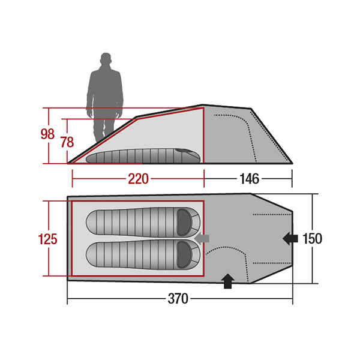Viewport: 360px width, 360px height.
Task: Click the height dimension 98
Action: [47, 134]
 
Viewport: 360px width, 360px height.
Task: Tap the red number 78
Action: [67, 142]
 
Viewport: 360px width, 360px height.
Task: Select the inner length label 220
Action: [138, 179]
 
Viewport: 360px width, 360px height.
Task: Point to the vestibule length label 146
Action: [250, 179]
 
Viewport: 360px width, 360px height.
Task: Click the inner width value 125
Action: [47, 239]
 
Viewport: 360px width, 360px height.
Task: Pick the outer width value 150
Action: [312, 239]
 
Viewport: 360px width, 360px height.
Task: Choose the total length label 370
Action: [178, 299]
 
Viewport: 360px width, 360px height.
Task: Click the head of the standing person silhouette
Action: [106, 59]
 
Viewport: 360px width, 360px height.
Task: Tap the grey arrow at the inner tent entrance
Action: [202, 238]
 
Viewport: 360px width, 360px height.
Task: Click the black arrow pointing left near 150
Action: [290, 239]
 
